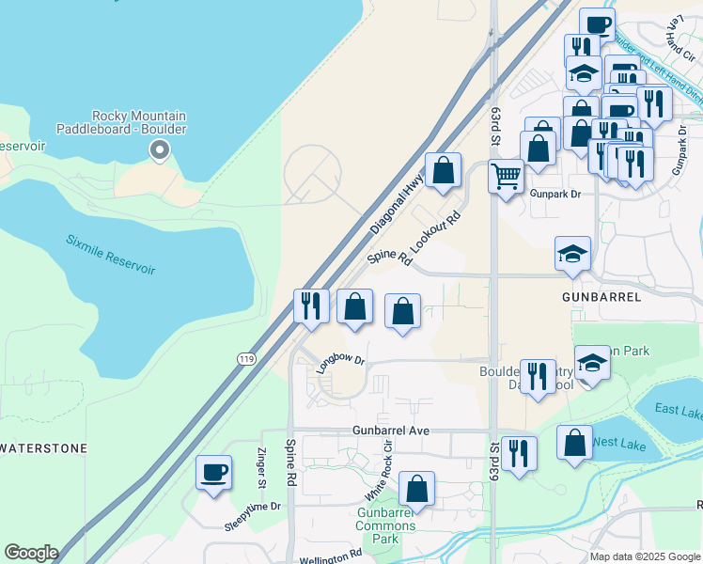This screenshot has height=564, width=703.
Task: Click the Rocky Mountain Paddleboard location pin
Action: click(x=160, y=149)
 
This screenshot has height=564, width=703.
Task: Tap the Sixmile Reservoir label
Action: click(x=110, y=254)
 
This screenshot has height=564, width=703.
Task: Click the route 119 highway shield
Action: click(x=245, y=358)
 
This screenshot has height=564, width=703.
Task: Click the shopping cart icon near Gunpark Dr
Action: click(x=507, y=175)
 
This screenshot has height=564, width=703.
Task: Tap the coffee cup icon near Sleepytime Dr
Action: click(x=214, y=471)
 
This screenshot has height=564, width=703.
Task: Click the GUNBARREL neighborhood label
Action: click(x=601, y=296)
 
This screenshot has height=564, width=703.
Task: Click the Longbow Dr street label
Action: click(x=339, y=364)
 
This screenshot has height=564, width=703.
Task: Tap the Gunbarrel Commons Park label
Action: click(x=386, y=525)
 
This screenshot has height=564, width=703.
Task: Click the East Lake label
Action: click(x=679, y=410)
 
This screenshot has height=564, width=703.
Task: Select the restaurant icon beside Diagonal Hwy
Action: click(x=310, y=305)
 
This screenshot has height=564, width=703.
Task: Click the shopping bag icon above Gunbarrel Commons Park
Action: click(x=416, y=488)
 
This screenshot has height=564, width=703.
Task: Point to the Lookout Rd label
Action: click(x=439, y=228)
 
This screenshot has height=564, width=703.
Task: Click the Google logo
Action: click(x=31, y=553)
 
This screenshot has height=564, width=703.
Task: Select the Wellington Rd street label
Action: click(x=331, y=556)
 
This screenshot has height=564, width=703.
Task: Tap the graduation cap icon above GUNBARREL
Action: click(x=572, y=253)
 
